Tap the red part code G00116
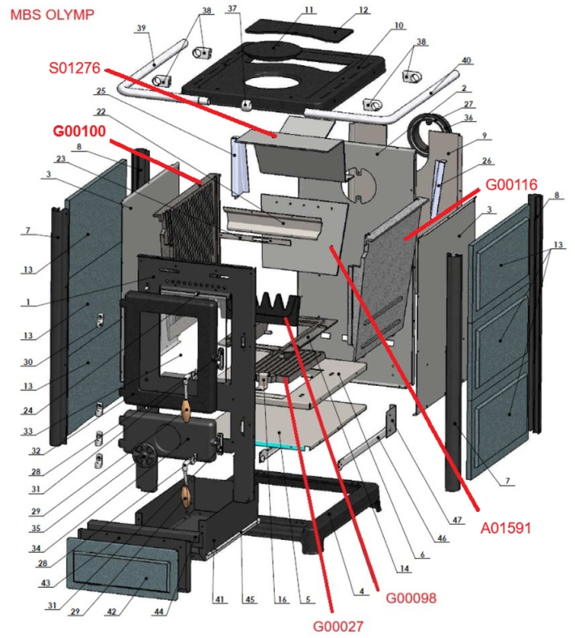[516, 186]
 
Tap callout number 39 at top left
[142, 29]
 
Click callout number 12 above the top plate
[364, 10]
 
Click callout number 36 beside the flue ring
[468, 118]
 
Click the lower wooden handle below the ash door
[186, 497]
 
